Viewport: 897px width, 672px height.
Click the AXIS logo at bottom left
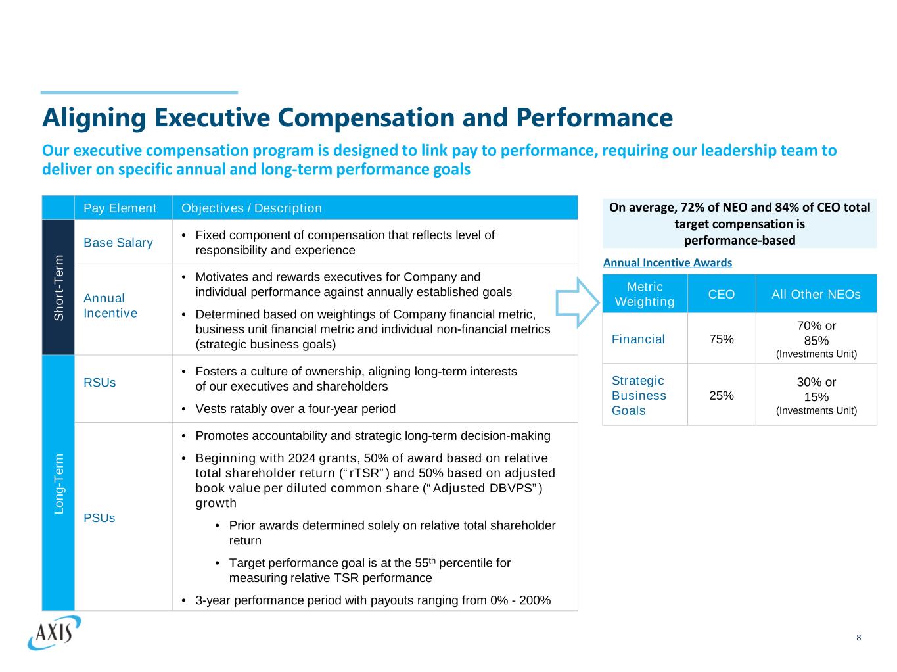(x=55, y=632)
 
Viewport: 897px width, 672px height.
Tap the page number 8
(x=858, y=638)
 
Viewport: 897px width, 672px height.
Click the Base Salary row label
(x=118, y=243)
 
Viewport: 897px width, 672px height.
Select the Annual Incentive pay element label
(x=110, y=306)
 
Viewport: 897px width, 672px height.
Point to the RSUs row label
(x=100, y=383)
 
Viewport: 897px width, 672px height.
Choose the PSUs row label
(x=99, y=518)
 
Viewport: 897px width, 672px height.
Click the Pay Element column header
(x=120, y=208)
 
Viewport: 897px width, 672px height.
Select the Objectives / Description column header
(x=252, y=208)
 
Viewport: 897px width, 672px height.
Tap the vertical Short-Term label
(x=59, y=287)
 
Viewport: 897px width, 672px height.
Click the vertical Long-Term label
(x=59, y=483)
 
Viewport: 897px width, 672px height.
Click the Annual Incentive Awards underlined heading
(x=667, y=263)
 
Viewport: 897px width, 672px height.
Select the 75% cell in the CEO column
(x=722, y=339)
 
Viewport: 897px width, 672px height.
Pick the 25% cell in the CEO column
(x=722, y=396)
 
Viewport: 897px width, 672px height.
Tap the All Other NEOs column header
(x=816, y=295)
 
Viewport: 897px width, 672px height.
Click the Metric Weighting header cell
(x=645, y=294)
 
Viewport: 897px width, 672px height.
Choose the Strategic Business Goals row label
(x=639, y=396)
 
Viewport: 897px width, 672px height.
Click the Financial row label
(x=638, y=339)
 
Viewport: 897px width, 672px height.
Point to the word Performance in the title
(x=594, y=118)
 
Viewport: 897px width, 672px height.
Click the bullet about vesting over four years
(x=296, y=409)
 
